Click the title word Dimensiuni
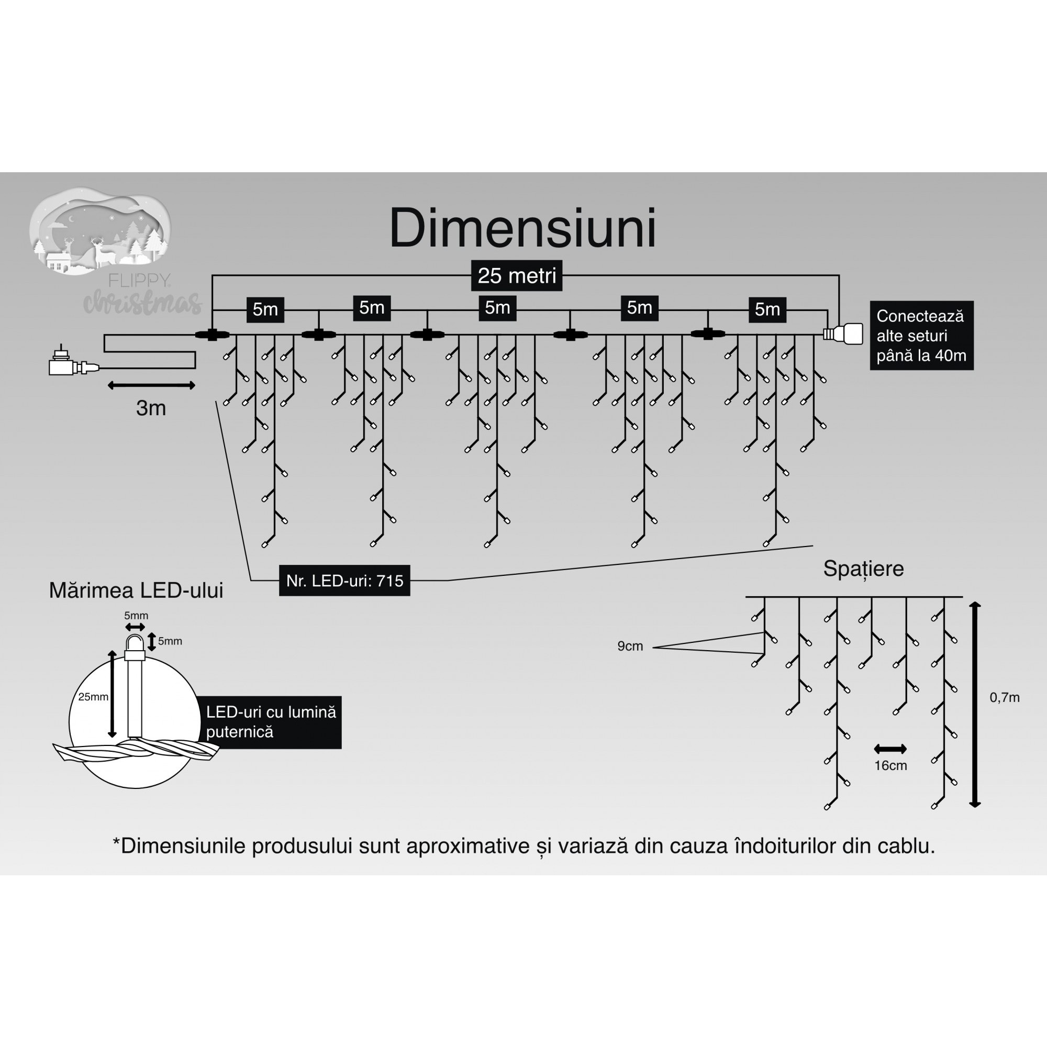(x=522, y=229)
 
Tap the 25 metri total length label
(x=517, y=276)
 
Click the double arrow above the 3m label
(x=151, y=385)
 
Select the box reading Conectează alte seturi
(x=921, y=336)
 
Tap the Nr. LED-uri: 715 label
(x=344, y=581)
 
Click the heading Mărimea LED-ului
(x=136, y=591)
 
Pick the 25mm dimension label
(x=93, y=697)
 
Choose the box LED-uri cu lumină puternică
(x=271, y=722)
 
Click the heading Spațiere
(x=863, y=569)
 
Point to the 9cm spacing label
(x=630, y=646)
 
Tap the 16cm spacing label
(x=890, y=766)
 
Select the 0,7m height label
(x=1004, y=698)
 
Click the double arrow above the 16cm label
(x=890, y=750)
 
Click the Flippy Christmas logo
(x=108, y=249)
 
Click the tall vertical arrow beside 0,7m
(x=975, y=705)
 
